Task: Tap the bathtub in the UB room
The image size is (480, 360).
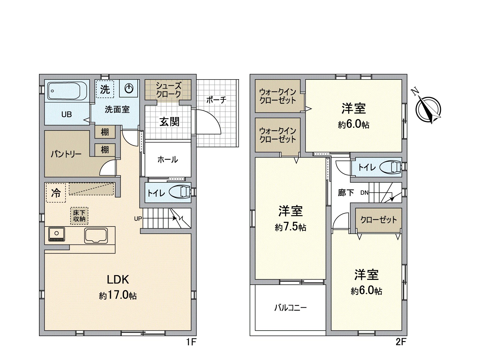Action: [x=67, y=91]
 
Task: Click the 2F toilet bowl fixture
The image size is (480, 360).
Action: [x=391, y=167]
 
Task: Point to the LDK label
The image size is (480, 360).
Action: [x=118, y=280]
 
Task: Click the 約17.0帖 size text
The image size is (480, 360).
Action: [x=118, y=295]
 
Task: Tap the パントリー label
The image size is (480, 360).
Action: [x=66, y=154]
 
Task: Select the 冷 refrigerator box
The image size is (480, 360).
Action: [x=56, y=193]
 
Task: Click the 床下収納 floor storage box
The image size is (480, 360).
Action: [x=79, y=216]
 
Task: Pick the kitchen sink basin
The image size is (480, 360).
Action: [x=96, y=235]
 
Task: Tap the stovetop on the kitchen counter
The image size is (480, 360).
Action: [x=56, y=234]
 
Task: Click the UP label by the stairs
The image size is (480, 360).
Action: [x=138, y=219]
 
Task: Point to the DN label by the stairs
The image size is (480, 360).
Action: [x=364, y=193]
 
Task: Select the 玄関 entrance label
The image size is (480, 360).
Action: [x=169, y=122]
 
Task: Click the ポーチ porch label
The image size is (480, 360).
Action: [x=216, y=100]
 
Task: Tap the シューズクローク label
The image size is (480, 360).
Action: [x=168, y=90]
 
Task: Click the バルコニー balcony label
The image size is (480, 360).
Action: [x=290, y=307]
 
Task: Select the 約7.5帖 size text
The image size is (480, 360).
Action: [x=290, y=227]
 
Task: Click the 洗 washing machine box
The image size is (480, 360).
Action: [x=105, y=89]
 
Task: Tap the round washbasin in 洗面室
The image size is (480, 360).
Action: [x=129, y=88]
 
